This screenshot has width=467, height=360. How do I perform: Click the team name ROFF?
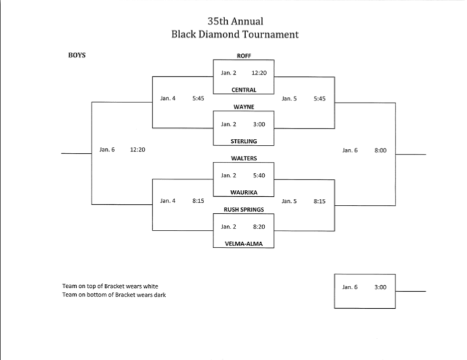click(243, 55)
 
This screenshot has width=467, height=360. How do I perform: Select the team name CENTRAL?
click(243, 90)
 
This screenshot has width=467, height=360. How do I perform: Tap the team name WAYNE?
click(243, 107)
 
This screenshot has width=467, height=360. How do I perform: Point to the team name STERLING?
click(243, 141)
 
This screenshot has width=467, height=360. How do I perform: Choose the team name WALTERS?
click(243, 158)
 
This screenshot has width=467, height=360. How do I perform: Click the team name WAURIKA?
click(243, 192)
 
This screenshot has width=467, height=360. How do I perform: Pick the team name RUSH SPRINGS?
click(243, 209)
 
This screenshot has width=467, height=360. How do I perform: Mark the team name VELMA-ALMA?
click(243, 243)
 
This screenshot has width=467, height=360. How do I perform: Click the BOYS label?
click(76, 55)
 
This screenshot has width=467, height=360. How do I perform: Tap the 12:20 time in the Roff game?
click(259, 72)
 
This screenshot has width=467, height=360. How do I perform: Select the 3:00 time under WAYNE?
click(259, 124)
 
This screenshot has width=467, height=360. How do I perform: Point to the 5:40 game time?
click(259, 175)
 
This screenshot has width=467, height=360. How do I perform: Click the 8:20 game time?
click(259, 227)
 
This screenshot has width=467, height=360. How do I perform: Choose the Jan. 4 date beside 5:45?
click(168, 98)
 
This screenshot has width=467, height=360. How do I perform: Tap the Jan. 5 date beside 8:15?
click(289, 201)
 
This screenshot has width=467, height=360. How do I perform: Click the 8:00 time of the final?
click(381, 150)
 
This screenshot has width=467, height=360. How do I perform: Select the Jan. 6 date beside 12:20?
click(106, 150)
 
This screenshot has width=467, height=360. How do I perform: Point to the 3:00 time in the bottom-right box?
click(381, 287)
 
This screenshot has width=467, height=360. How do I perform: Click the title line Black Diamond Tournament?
click(235, 34)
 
